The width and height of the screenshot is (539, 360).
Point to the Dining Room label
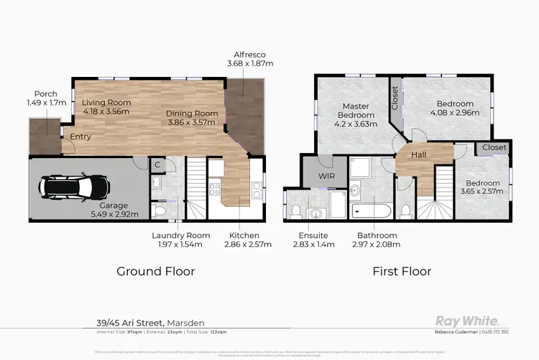[x=192, y=113]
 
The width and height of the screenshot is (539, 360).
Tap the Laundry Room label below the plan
[x=180, y=235]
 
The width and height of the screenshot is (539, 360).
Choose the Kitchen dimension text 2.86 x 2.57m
[x=244, y=244]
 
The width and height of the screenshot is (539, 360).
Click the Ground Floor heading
[x=155, y=272]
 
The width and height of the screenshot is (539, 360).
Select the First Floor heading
[x=402, y=272]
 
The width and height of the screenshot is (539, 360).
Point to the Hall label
[x=420, y=154]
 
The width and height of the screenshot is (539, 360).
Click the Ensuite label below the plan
[x=314, y=235]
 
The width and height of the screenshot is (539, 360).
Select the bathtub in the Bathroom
[x=372, y=211]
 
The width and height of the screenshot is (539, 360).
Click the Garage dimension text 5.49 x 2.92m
[x=119, y=213]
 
